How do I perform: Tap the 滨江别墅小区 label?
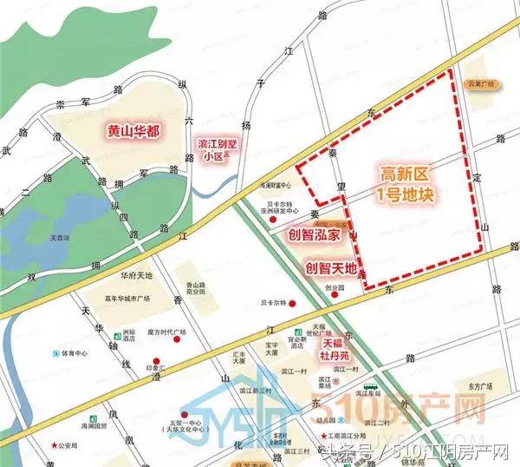213,150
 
